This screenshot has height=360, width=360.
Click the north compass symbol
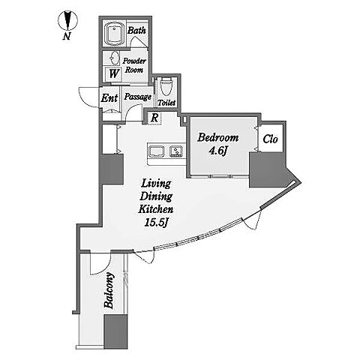67,20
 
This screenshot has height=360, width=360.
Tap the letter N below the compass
66,37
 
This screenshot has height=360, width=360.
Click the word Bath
136,31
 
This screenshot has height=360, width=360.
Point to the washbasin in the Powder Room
115,58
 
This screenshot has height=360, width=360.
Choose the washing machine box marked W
113,74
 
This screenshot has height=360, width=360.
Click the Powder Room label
134,65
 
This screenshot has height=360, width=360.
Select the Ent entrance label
109,98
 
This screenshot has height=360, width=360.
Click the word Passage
138,97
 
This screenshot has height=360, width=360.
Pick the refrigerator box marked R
155,118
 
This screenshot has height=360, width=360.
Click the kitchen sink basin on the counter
156,151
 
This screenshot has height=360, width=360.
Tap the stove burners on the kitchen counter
176,151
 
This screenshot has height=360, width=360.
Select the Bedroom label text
218,137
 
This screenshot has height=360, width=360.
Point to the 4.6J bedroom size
218,151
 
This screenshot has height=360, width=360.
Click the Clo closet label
270,139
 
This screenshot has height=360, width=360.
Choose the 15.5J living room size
156,223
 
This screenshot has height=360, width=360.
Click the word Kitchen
156,209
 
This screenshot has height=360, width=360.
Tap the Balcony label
109,290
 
